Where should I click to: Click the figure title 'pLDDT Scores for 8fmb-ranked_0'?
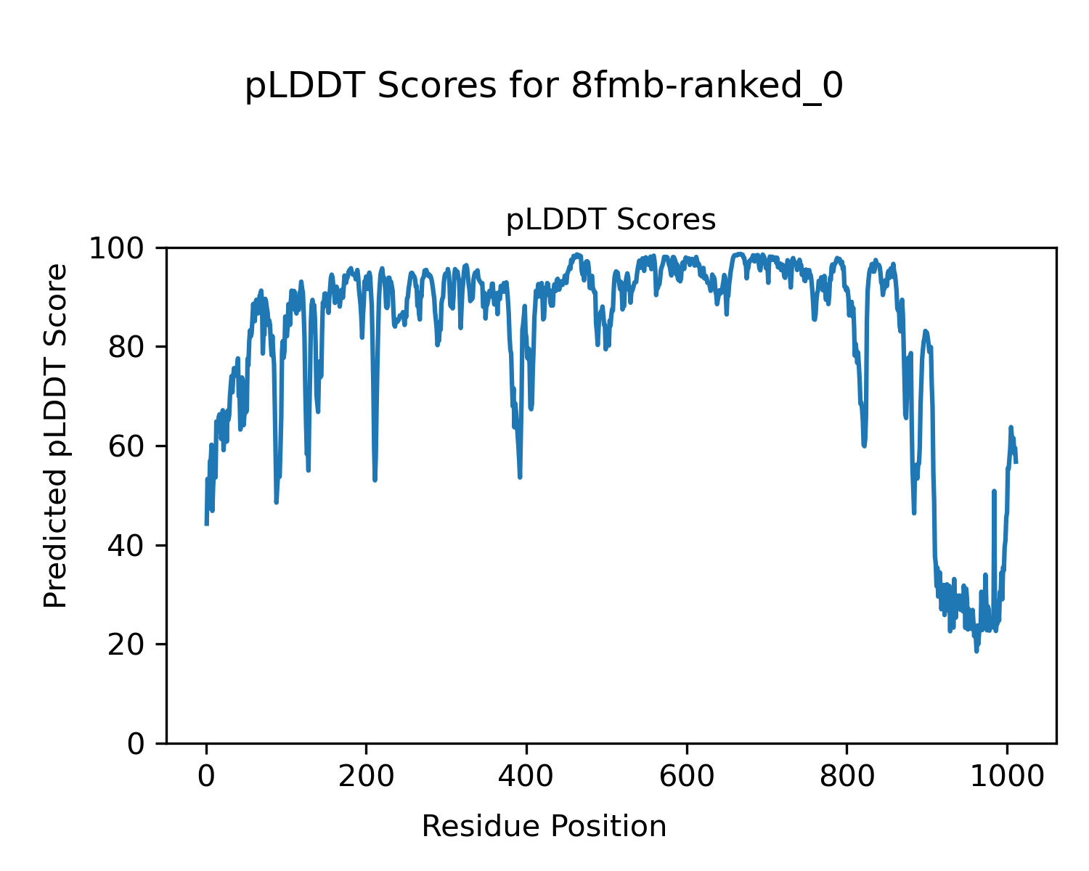(544, 86)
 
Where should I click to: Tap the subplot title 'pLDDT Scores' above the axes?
(611, 220)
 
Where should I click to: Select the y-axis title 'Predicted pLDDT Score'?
(56, 436)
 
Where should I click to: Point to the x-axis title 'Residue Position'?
(544, 826)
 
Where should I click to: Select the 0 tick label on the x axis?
(207, 777)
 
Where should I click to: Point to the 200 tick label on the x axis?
(367, 777)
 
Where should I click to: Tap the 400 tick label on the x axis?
(526, 777)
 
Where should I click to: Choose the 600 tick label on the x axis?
(686, 777)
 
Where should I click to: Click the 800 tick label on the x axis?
(847, 777)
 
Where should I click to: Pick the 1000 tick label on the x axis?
(1006, 777)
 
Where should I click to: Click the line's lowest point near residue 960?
(976, 651)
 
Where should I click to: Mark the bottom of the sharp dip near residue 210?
(375, 480)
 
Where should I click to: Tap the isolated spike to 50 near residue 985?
(994, 491)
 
